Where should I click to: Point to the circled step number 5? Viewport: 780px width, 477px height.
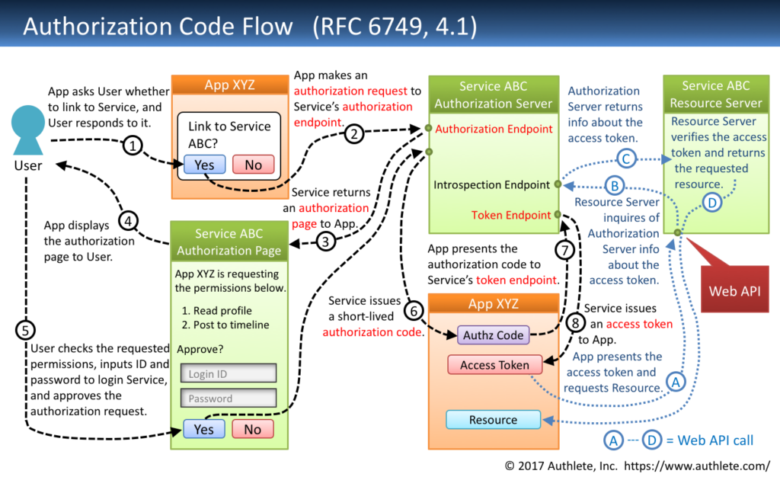point(26,330)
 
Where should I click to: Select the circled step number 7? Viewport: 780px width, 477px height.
point(563,249)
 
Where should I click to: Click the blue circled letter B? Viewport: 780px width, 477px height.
point(613,185)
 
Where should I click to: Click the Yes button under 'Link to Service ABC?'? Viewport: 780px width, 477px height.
point(204,165)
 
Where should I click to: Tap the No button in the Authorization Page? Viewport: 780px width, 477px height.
point(252,429)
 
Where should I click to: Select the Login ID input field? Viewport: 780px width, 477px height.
point(228,373)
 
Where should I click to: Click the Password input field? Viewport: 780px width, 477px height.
point(228,399)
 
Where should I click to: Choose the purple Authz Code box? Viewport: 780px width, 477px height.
point(494,335)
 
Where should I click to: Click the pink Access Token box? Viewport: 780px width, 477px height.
point(494,365)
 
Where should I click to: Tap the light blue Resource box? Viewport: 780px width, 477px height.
point(493,420)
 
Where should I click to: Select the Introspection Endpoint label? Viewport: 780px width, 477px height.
point(491,185)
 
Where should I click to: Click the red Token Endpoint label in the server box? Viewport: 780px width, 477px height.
point(511,215)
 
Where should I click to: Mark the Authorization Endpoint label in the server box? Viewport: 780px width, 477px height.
point(494,129)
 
